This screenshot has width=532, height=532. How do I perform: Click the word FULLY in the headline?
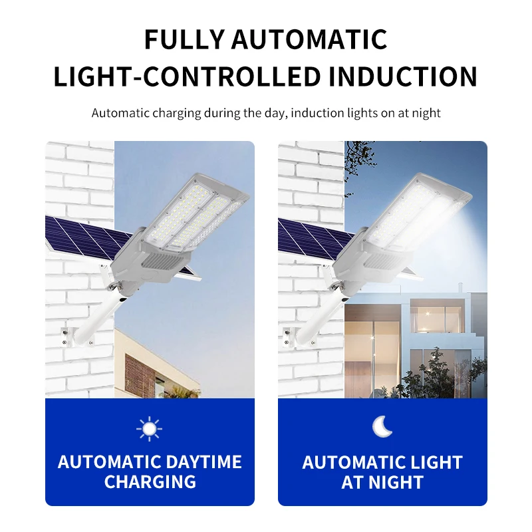183,40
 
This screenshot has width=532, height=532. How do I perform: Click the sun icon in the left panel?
149,428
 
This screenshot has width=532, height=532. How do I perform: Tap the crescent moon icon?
382,427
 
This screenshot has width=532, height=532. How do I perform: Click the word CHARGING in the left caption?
150,481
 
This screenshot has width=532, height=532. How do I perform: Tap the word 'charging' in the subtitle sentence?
176,113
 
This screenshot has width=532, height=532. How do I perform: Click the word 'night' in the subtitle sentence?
426,113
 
